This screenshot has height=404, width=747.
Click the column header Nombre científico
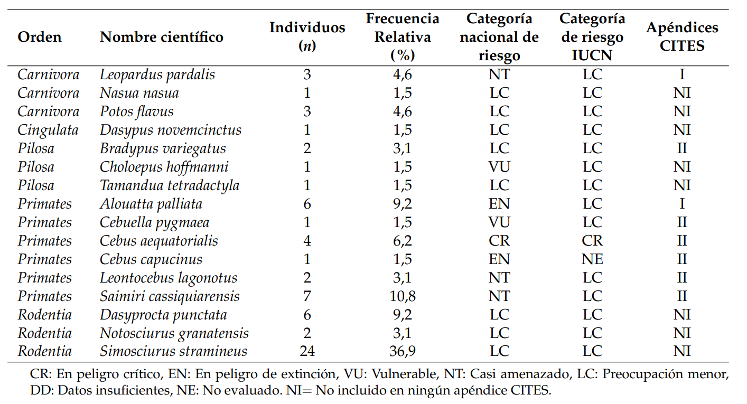(x=162, y=37)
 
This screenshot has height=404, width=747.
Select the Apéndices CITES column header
(x=682, y=37)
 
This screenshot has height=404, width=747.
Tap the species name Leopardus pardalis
(x=157, y=74)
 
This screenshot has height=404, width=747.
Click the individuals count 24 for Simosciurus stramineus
(x=307, y=351)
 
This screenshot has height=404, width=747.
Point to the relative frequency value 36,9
(x=403, y=351)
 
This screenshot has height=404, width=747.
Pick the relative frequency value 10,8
(x=403, y=296)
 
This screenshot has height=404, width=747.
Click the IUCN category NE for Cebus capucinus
(x=592, y=259)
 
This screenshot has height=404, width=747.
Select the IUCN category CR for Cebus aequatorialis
(x=592, y=241)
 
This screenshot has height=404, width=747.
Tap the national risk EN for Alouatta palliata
(x=499, y=204)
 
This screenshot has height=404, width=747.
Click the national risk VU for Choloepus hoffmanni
(x=499, y=167)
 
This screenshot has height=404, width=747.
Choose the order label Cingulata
(x=48, y=130)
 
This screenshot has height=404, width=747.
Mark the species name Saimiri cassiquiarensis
(x=170, y=296)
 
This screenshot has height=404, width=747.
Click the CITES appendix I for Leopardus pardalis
(x=682, y=74)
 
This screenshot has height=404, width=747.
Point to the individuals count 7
(x=307, y=296)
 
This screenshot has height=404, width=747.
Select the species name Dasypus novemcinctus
(x=171, y=130)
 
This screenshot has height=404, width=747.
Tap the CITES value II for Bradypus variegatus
(x=682, y=148)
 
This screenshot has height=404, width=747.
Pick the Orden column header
(x=40, y=37)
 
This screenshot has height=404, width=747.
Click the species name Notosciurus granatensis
(x=174, y=333)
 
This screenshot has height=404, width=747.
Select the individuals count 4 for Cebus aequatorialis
(x=307, y=241)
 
